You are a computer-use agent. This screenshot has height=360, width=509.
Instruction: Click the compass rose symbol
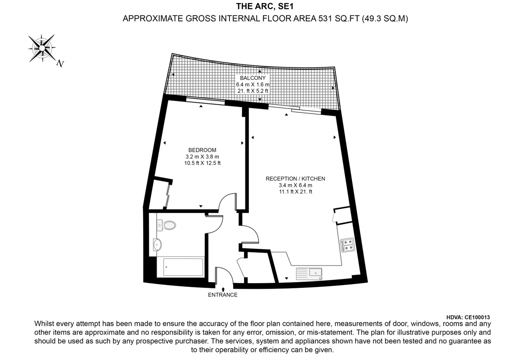[42, 48]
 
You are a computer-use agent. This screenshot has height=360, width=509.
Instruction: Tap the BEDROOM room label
[202, 150]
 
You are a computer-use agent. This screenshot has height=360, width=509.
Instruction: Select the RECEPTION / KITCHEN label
[295, 179]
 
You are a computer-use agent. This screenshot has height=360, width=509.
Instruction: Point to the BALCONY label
[253, 78]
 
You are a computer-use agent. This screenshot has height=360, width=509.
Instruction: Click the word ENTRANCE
[223, 295]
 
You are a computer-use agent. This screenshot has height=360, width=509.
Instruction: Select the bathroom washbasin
[157, 244]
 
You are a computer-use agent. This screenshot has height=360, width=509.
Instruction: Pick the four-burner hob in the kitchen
[347, 244]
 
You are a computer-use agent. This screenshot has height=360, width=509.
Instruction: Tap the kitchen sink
[309, 273]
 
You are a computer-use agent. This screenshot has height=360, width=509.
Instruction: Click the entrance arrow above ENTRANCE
[223, 289]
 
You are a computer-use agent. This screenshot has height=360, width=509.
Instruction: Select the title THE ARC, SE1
[262, 6]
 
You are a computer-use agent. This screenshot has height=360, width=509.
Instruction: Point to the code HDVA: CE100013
[468, 317]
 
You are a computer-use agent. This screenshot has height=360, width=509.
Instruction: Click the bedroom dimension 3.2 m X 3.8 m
[202, 157]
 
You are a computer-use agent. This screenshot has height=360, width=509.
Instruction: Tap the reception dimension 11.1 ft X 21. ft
[295, 192]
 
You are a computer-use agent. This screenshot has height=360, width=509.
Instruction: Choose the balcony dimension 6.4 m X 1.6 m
[253, 85]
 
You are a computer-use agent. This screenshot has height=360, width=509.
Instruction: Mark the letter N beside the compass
[60, 63]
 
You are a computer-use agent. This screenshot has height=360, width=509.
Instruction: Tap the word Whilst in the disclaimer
[44, 324]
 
